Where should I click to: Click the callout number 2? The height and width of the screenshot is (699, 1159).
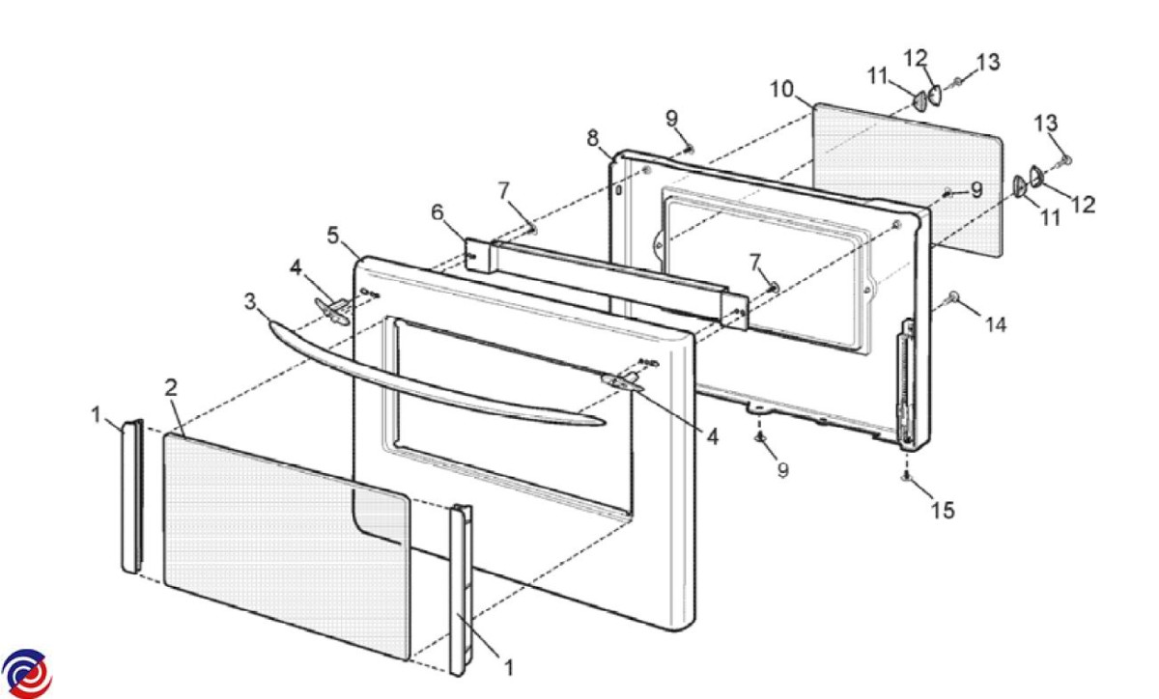[x=171, y=387]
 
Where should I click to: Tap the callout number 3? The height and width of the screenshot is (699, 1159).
[x=250, y=301]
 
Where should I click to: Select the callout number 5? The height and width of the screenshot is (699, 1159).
[x=333, y=236]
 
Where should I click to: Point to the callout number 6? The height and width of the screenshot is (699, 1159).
[x=438, y=212]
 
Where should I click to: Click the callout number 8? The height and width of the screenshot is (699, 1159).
[x=593, y=138]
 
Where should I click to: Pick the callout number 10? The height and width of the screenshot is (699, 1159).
[x=781, y=90]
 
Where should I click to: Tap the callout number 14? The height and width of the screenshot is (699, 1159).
[x=996, y=325]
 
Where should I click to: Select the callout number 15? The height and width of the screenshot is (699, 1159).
[x=943, y=510]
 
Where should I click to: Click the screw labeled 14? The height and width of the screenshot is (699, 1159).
[x=953, y=297]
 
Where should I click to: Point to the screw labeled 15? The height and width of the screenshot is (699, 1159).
[x=906, y=477]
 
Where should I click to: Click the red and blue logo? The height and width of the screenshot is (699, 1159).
[x=26, y=674]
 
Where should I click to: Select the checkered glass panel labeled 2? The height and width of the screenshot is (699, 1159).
[x=287, y=545]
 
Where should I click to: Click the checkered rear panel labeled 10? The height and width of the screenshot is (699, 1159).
[x=909, y=179]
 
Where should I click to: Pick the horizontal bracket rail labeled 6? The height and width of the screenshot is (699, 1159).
[x=607, y=283]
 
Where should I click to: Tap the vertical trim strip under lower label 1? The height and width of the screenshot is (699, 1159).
[x=460, y=590]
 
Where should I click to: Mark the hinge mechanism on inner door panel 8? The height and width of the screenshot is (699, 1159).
[x=907, y=383]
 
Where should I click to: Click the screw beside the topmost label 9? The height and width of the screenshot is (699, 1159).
[x=689, y=150]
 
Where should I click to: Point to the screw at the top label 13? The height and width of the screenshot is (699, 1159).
[x=958, y=82]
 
